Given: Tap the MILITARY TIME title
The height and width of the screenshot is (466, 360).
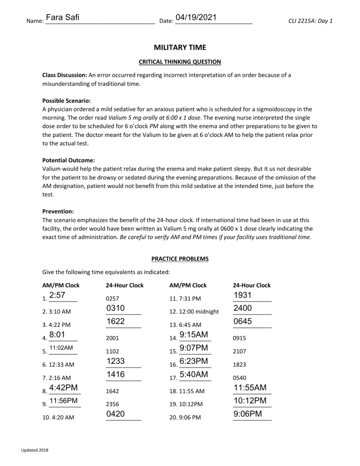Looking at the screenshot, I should (x=180, y=48).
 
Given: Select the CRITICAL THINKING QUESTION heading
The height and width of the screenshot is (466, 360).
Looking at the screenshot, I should (x=180, y=62).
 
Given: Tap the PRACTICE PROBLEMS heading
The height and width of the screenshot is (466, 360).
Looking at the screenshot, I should (x=180, y=258).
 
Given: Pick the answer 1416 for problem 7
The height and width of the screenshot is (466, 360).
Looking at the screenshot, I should (x=115, y=374).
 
